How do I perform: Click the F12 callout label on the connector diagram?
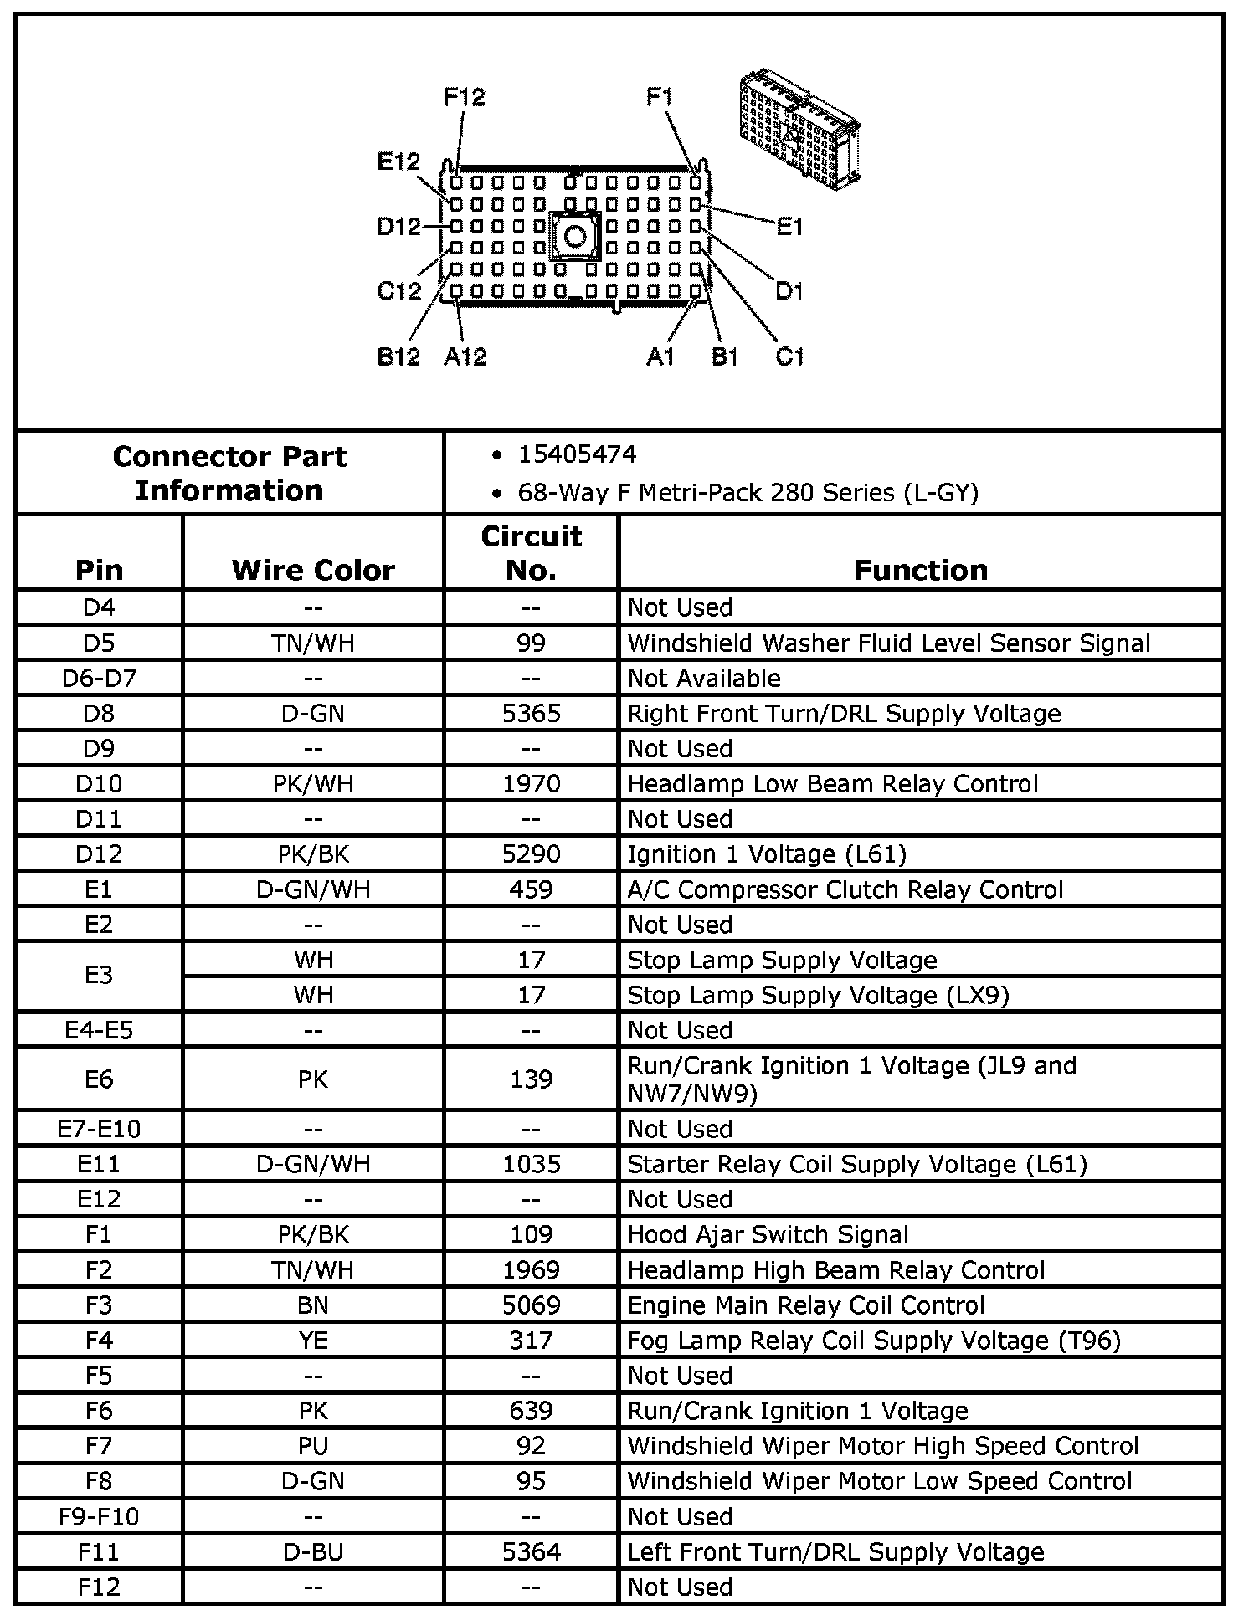(x=464, y=97)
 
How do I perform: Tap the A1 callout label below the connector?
(x=660, y=357)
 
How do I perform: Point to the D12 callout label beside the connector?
(x=398, y=226)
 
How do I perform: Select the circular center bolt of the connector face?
(x=575, y=237)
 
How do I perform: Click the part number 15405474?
(x=577, y=454)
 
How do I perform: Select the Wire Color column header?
(x=313, y=570)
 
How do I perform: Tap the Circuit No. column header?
(x=531, y=553)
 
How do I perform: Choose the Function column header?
(x=921, y=570)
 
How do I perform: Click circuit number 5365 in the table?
(x=531, y=714)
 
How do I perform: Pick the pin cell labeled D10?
(x=99, y=784)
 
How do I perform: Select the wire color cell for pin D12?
(x=313, y=854)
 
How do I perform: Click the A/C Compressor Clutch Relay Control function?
(x=845, y=889)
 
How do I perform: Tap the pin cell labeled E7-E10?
(x=99, y=1129)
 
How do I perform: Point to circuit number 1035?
(x=531, y=1164)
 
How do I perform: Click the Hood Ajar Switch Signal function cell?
(x=768, y=1234)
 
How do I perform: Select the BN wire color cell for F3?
(x=313, y=1305)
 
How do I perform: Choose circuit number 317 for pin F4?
(x=531, y=1341)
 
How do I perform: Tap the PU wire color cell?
(x=313, y=1446)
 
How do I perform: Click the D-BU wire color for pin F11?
(x=313, y=1552)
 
